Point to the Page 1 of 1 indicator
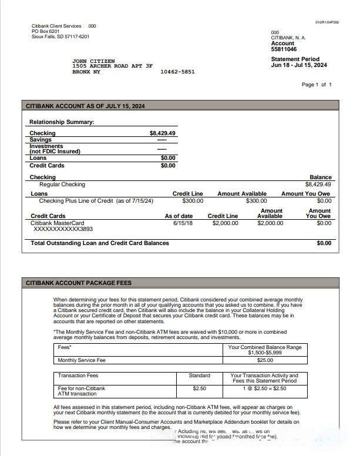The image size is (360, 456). [317, 85]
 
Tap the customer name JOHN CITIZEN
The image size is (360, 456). [93, 61]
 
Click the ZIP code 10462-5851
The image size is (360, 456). [177, 72]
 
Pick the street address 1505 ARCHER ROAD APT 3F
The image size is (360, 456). [112, 66]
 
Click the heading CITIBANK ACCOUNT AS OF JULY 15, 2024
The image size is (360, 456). [85, 106]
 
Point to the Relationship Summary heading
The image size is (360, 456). [62, 122]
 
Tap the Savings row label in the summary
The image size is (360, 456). [41, 139]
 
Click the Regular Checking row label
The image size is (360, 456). [62, 185]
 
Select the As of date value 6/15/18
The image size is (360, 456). [183, 223]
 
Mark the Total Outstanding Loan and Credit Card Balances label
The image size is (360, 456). [100, 243]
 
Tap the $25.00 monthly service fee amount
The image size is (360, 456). [264, 360]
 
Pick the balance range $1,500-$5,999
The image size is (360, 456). [264, 353]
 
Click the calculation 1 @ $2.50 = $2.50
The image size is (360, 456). [264, 388]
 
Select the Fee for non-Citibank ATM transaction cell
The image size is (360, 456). [82, 391]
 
